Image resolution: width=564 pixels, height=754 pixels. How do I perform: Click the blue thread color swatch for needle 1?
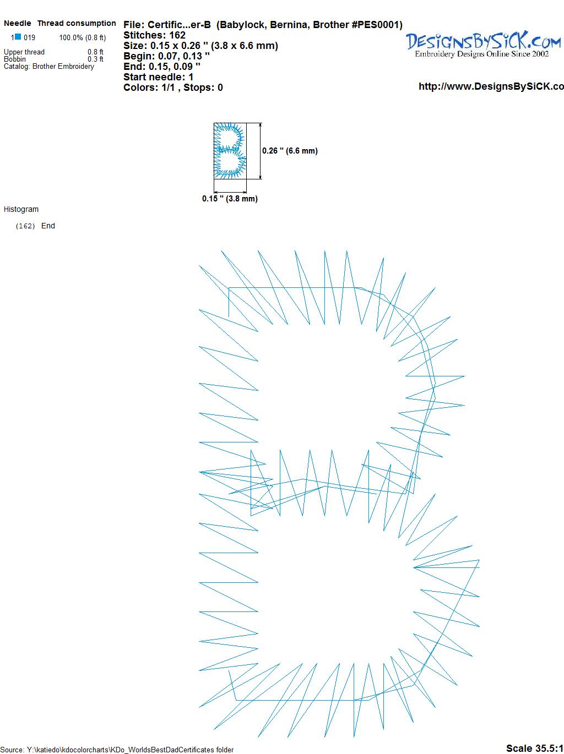[18, 37]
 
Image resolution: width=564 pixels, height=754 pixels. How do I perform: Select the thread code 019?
[29, 37]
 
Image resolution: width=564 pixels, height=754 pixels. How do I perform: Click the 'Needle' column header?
[17, 23]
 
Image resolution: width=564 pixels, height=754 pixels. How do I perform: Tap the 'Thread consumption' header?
[77, 23]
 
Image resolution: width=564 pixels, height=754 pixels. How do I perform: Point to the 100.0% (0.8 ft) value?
[83, 38]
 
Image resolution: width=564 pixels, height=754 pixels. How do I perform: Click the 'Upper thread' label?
[24, 52]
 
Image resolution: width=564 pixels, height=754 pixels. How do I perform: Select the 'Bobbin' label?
[15, 59]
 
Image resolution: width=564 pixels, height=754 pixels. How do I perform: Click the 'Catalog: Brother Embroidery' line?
[49, 66]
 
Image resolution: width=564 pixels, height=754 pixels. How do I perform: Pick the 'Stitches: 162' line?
[154, 35]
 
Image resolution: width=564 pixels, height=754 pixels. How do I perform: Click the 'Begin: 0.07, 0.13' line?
[166, 56]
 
